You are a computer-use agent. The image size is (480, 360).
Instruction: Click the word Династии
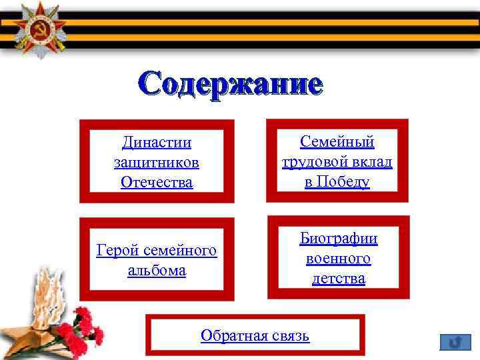click(157, 142)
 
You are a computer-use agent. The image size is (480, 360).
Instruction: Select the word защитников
click(157, 162)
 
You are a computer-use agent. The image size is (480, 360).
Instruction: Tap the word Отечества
click(157, 182)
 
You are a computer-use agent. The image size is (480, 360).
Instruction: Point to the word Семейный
click(337, 141)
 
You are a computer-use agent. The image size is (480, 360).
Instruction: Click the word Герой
click(118, 251)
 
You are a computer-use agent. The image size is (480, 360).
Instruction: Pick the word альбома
click(157, 271)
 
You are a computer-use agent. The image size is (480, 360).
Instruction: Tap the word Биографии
click(338, 238)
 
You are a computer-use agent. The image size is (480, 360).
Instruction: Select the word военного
click(338, 258)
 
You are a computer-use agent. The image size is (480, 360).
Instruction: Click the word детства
click(338, 278)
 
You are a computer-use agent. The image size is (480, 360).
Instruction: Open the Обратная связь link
click(255, 335)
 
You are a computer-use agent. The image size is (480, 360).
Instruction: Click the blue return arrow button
click(455, 343)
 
